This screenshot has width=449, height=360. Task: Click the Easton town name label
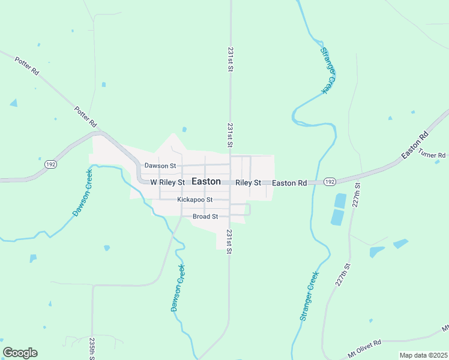(x=206, y=181)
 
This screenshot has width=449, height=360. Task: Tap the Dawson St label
(x=159, y=166)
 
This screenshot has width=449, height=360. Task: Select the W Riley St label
(x=166, y=182)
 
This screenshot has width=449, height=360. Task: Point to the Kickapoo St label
(x=195, y=199)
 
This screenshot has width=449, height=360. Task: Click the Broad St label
(x=205, y=217)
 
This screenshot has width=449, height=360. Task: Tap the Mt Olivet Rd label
(x=365, y=344)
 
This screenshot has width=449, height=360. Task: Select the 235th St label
(x=92, y=349)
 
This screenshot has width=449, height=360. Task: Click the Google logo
(x=20, y=353)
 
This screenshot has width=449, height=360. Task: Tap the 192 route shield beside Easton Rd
(x=329, y=182)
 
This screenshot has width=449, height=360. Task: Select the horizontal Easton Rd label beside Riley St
(x=289, y=182)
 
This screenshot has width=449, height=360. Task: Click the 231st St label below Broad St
(x=229, y=242)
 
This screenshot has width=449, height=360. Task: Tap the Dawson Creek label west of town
(x=83, y=192)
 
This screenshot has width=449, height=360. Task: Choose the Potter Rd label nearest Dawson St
(x=86, y=116)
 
